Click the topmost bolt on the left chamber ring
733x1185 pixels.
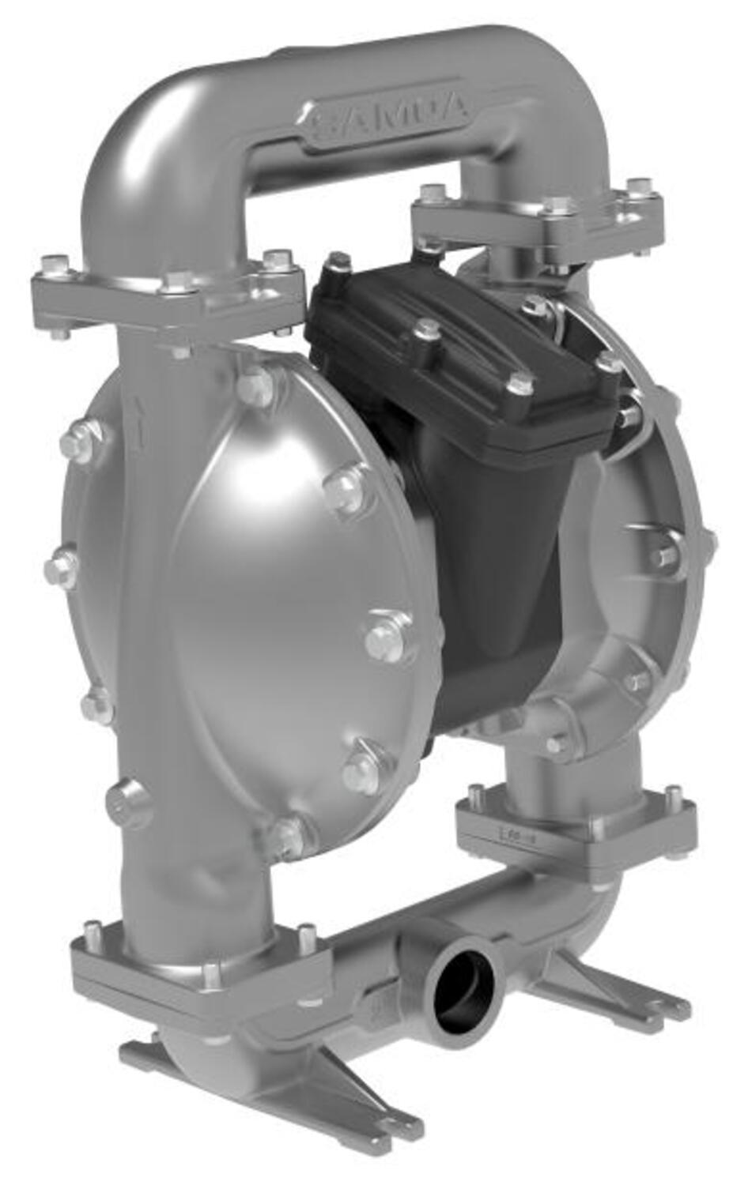point(254,386)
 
